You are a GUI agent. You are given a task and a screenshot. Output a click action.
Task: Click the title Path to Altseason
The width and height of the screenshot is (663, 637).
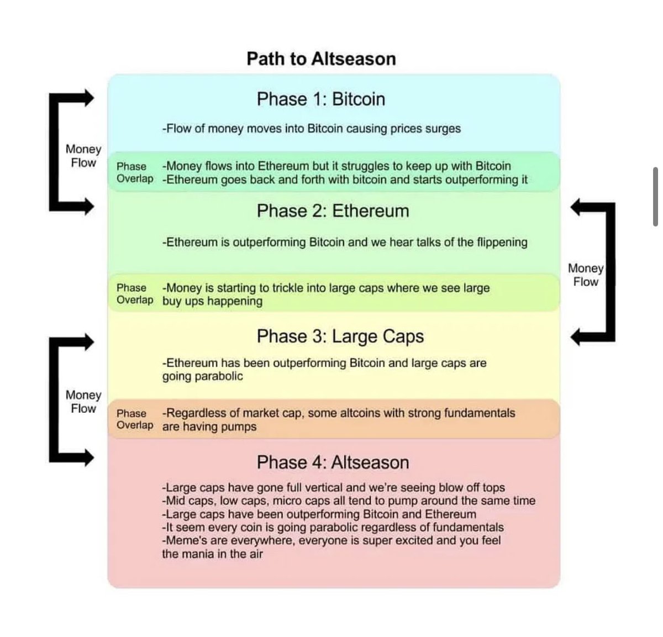(321, 59)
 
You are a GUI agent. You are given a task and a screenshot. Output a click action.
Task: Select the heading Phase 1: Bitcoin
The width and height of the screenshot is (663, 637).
(320, 99)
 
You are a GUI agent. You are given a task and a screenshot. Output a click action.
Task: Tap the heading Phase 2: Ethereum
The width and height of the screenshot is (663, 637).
(333, 211)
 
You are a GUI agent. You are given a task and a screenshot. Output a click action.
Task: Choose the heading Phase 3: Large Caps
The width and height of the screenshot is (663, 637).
(340, 336)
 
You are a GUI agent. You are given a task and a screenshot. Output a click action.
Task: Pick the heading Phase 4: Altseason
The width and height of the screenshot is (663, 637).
(333, 462)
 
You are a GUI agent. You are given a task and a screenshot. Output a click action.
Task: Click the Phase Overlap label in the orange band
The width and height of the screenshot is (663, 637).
(135, 419)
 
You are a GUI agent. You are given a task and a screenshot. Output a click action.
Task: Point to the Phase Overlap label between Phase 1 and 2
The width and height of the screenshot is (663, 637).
(135, 172)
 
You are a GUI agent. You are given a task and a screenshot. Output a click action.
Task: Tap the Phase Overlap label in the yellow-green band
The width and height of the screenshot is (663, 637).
(135, 294)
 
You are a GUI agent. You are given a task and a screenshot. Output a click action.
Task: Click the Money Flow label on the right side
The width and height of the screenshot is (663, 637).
(586, 275)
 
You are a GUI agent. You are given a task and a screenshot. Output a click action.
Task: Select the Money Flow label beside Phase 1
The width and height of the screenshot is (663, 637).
(83, 156)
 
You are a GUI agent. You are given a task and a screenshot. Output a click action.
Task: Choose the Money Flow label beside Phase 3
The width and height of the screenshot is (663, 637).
(83, 402)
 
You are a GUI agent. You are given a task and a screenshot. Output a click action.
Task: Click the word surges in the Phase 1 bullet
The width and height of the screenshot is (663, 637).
(443, 129)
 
